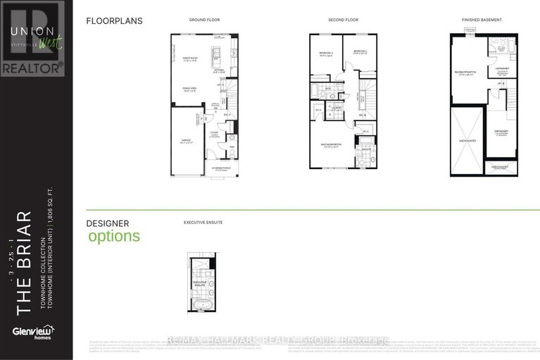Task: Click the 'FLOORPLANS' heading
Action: [114, 21]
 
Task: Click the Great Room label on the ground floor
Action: [189, 60]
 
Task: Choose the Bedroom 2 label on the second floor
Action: [325, 53]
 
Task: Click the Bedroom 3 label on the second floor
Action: [360, 52]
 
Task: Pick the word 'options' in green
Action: [114, 236]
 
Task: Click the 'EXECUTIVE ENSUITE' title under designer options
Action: [203, 222]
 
